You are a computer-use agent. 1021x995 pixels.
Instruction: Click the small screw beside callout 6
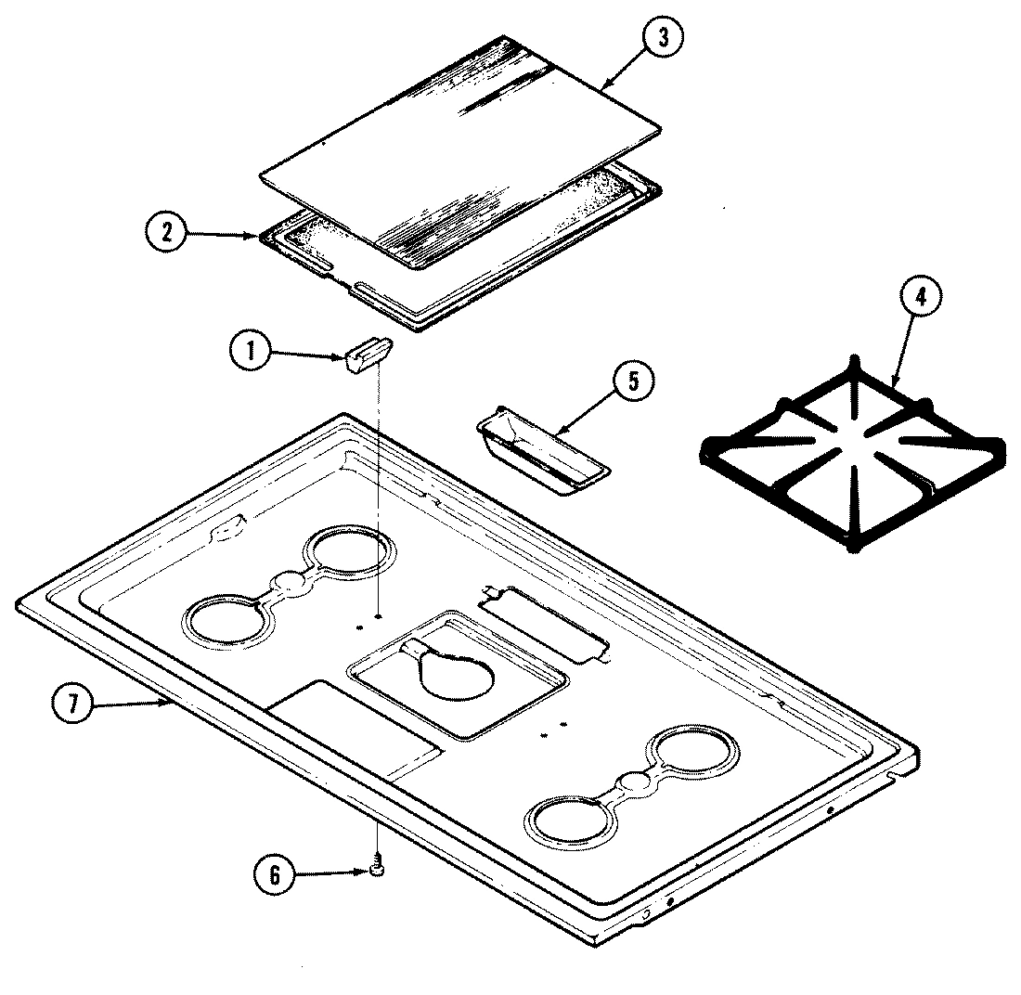pos(378,868)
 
